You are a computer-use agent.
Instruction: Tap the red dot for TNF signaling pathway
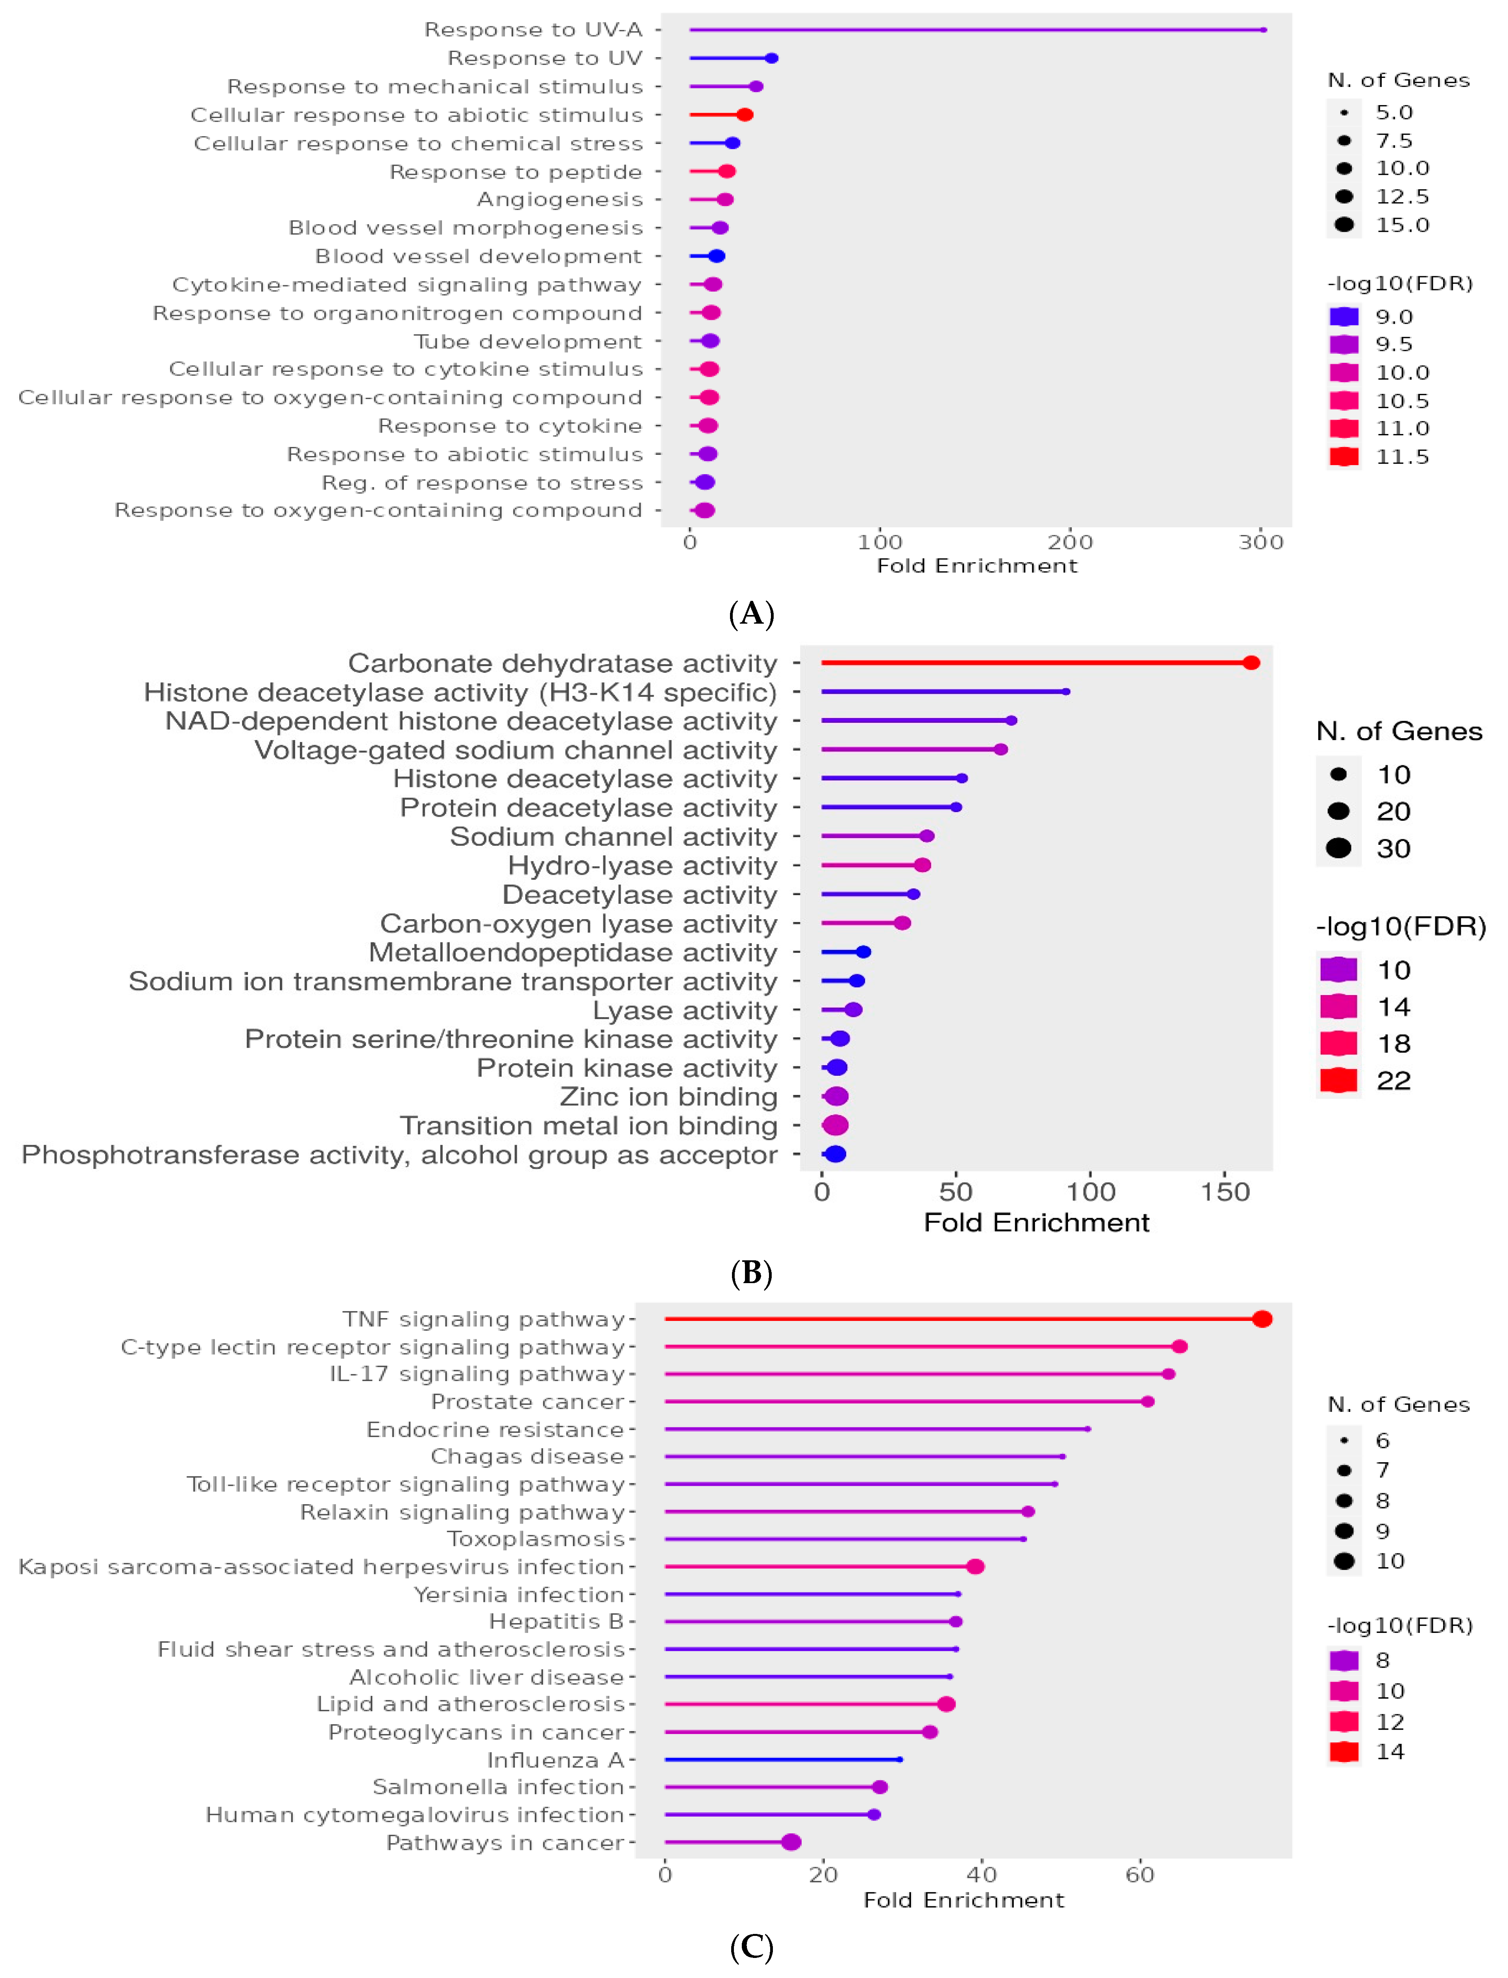1262,1319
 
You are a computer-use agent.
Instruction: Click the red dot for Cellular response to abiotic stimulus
744,115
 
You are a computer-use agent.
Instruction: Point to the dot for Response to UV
771,58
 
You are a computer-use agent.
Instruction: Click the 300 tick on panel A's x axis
1261,542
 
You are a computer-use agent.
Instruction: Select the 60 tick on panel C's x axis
1140,1875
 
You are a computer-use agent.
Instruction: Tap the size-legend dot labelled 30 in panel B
1338,848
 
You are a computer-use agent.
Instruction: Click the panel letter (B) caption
751,1272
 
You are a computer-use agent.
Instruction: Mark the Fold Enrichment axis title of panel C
963,1900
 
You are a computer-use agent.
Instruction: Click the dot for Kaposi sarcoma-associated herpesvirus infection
975,1566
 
